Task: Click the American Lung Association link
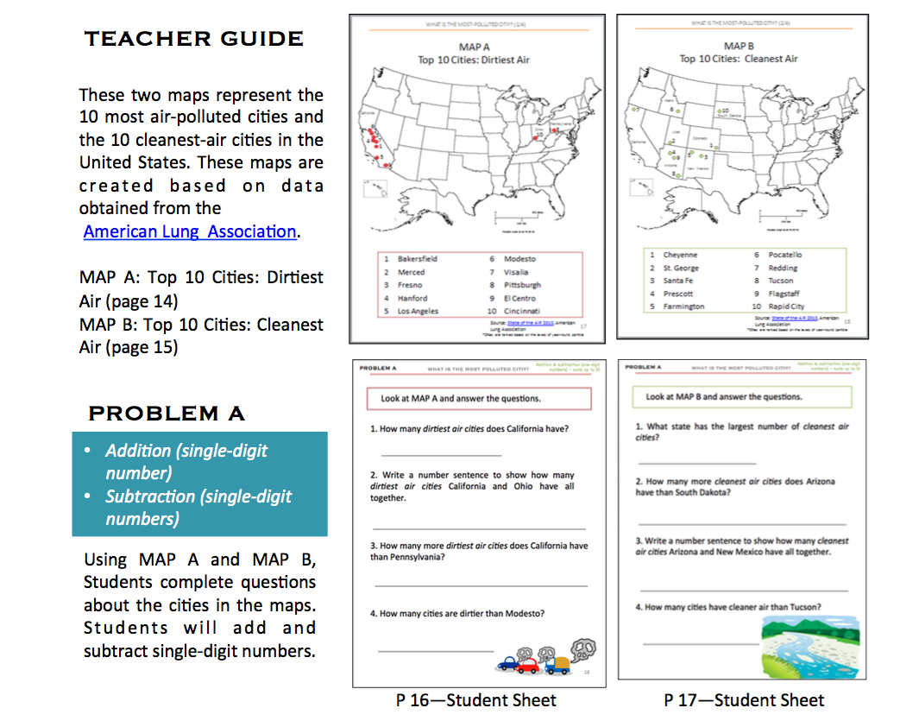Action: pyautogui.click(x=190, y=231)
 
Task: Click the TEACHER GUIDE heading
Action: pyautogui.click(x=194, y=39)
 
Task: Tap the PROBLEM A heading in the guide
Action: pyautogui.click(x=167, y=414)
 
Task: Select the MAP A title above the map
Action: pyautogui.click(x=474, y=47)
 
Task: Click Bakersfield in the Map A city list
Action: pyautogui.click(x=418, y=259)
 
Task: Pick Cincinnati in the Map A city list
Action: pyautogui.click(x=523, y=311)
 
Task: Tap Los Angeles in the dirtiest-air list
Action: pyautogui.click(x=418, y=311)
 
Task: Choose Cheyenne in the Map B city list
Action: pyautogui.click(x=680, y=255)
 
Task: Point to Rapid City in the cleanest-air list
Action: pyautogui.click(x=786, y=307)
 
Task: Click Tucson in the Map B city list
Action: pyautogui.click(x=781, y=281)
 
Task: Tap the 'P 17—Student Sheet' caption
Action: pyautogui.click(x=744, y=700)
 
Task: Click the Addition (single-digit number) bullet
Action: pyautogui.click(x=186, y=461)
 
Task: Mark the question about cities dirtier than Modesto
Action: pyautogui.click(x=457, y=614)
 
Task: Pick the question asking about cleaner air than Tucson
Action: pyautogui.click(x=728, y=607)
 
